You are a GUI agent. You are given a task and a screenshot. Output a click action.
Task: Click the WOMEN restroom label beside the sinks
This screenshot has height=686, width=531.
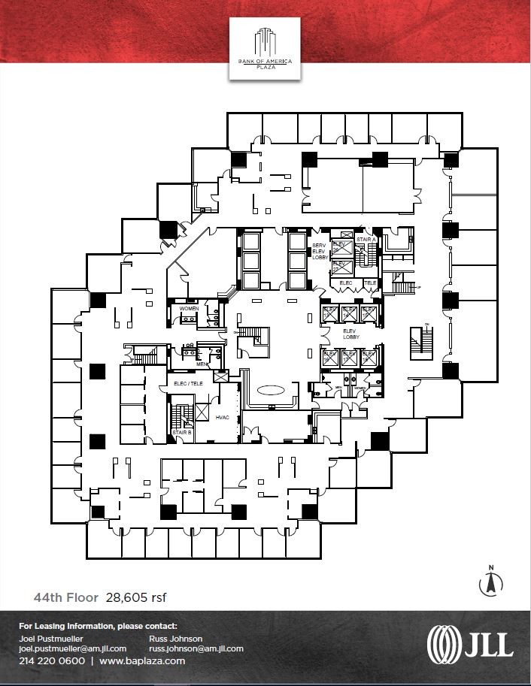tap(188, 309)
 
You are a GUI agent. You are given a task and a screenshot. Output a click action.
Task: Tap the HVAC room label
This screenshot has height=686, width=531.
tap(223, 417)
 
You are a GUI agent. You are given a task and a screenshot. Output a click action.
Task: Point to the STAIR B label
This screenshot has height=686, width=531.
tap(181, 433)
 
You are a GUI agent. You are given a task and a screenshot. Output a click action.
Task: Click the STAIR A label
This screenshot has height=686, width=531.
tap(366, 240)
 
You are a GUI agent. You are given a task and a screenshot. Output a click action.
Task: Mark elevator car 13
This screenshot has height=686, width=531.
tap(329, 312)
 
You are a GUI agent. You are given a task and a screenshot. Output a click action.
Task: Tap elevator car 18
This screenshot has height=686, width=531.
tap(369, 356)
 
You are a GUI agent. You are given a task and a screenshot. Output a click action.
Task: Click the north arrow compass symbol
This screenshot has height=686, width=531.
tap(490, 580)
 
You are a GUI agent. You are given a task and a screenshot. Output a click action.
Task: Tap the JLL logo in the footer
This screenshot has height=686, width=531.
tap(470, 644)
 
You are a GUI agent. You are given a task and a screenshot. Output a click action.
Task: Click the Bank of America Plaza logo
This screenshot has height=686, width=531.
tap(265, 48)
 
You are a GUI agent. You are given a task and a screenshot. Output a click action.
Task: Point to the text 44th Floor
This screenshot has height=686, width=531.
tap(65, 598)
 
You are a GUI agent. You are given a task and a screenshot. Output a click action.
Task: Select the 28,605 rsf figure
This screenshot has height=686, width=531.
tap(136, 598)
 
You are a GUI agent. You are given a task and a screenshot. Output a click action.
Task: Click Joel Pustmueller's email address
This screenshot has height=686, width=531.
tap(72, 648)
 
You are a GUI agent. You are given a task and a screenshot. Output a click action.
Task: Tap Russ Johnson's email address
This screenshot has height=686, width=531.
tap(196, 648)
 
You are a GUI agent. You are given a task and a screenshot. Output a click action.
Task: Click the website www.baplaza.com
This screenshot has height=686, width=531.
tap(141, 661)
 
